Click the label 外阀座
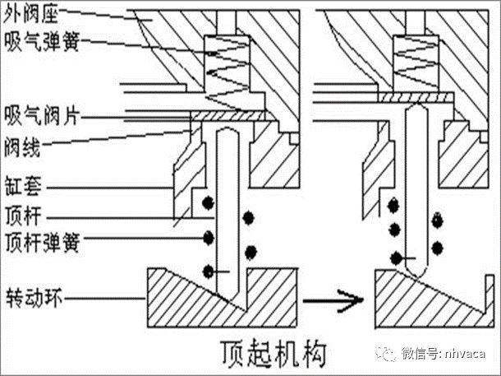point(31,12)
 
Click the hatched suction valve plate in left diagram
point(238,118)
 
